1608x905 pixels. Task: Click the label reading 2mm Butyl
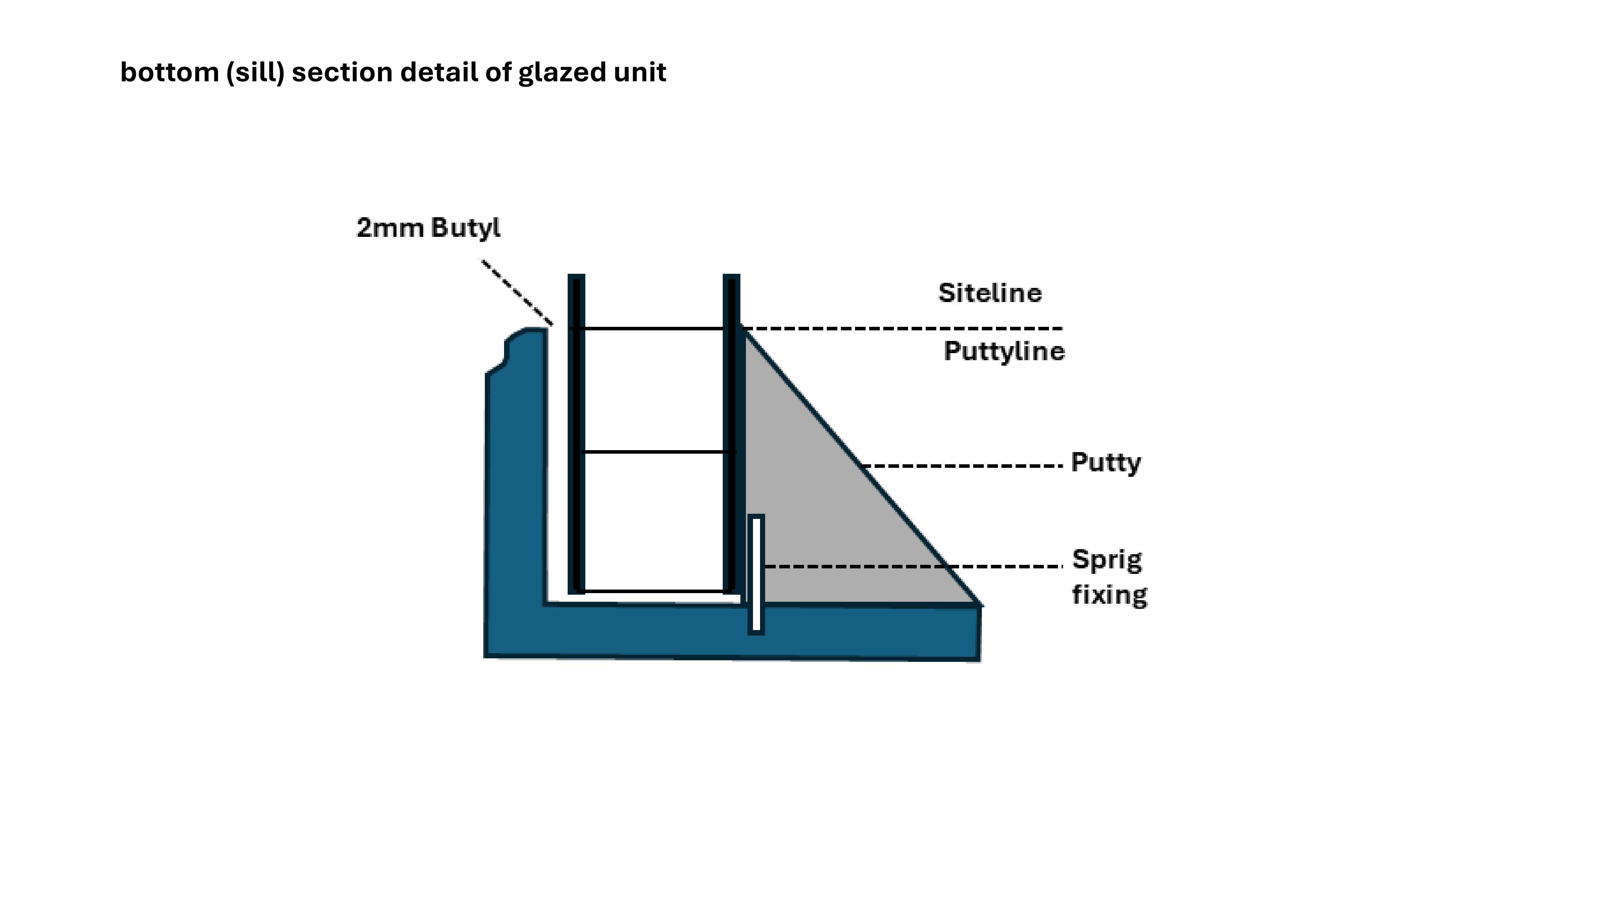428,228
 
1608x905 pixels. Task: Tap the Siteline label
990,293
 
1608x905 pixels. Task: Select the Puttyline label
1004,351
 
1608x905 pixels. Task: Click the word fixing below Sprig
1109,595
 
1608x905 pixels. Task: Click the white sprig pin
756,575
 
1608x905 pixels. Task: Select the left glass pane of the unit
576,434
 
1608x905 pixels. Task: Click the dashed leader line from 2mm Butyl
517,292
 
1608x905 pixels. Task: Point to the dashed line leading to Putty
961,465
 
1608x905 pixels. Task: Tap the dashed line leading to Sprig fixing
913,566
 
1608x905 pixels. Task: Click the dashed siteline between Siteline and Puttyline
901,328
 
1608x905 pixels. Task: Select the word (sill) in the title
255,72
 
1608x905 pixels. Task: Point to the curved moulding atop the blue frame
512,350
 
